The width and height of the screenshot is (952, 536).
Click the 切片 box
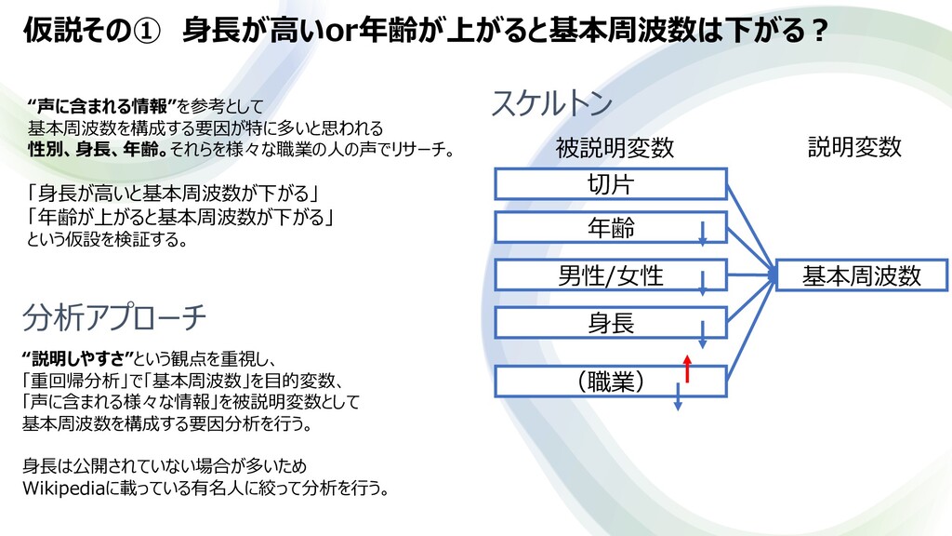coord(610,184)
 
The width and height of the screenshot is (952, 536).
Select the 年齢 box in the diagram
coord(610,228)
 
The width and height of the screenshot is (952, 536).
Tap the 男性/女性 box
coord(610,275)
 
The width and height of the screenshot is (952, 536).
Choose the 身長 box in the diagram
coord(610,323)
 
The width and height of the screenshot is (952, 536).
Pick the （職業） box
coord(610,381)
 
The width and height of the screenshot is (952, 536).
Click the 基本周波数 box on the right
coord(861,275)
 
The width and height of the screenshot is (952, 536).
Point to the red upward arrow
coord(687,368)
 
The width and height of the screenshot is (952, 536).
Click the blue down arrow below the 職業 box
coord(678,397)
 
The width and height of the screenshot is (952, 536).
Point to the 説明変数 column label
coord(854,147)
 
